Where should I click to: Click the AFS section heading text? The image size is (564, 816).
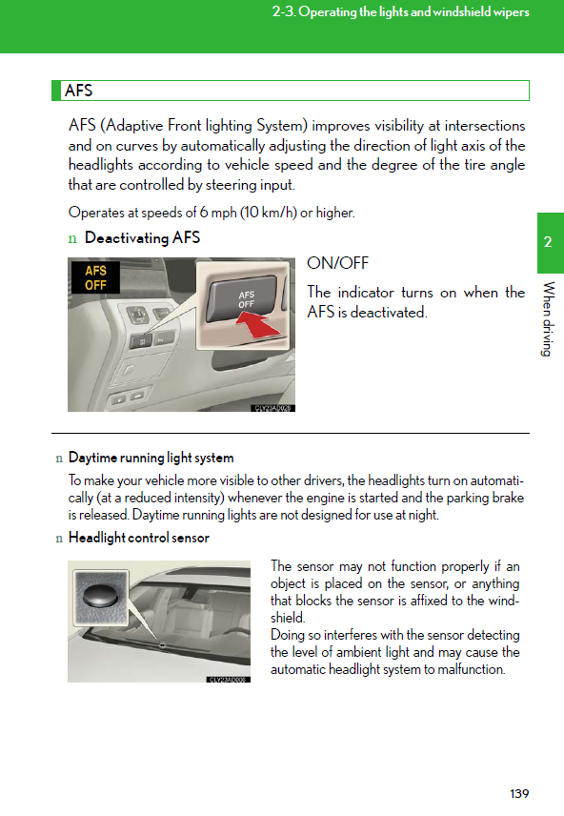78,91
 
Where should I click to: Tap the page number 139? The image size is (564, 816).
519,794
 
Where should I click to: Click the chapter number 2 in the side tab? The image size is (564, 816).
548,242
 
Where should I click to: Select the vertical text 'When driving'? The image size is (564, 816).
548,319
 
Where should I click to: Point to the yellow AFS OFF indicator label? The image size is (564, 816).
95,278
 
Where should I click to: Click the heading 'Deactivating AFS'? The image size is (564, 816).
142,237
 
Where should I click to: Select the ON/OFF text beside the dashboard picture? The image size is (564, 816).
337,263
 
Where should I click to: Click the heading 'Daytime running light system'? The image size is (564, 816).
151,458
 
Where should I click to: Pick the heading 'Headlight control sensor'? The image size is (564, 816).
139,538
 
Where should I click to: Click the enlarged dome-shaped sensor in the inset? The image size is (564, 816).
101,594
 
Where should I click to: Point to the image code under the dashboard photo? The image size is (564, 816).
273,409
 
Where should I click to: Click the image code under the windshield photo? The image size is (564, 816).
229,680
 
